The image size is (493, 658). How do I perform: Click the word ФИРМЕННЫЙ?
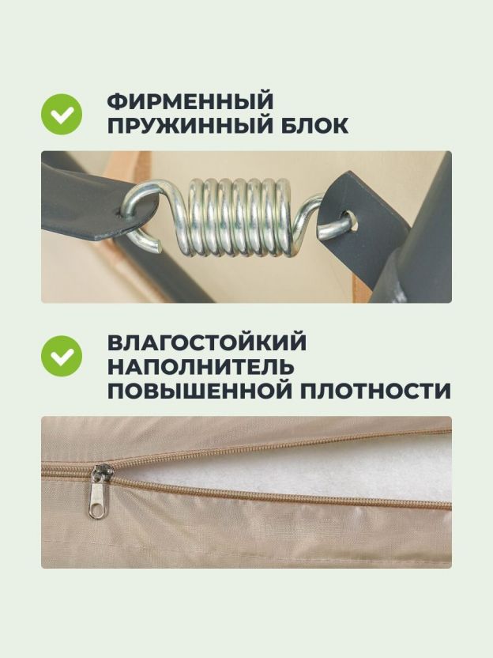tap(190, 101)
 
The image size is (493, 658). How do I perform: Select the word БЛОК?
tap(314, 126)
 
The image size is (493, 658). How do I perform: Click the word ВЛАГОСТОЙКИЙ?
tap(207, 342)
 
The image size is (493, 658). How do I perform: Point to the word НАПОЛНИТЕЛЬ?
tap(201, 367)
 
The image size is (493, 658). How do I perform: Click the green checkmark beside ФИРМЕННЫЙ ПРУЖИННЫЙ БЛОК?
tap(62, 114)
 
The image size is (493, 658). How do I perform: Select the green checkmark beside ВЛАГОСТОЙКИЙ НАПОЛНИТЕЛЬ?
tap(62, 356)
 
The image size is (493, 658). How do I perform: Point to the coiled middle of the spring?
tap(237, 218)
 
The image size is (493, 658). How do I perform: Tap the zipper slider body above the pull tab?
tap(101, 475)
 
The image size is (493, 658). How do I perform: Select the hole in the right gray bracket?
tap(352, 218)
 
